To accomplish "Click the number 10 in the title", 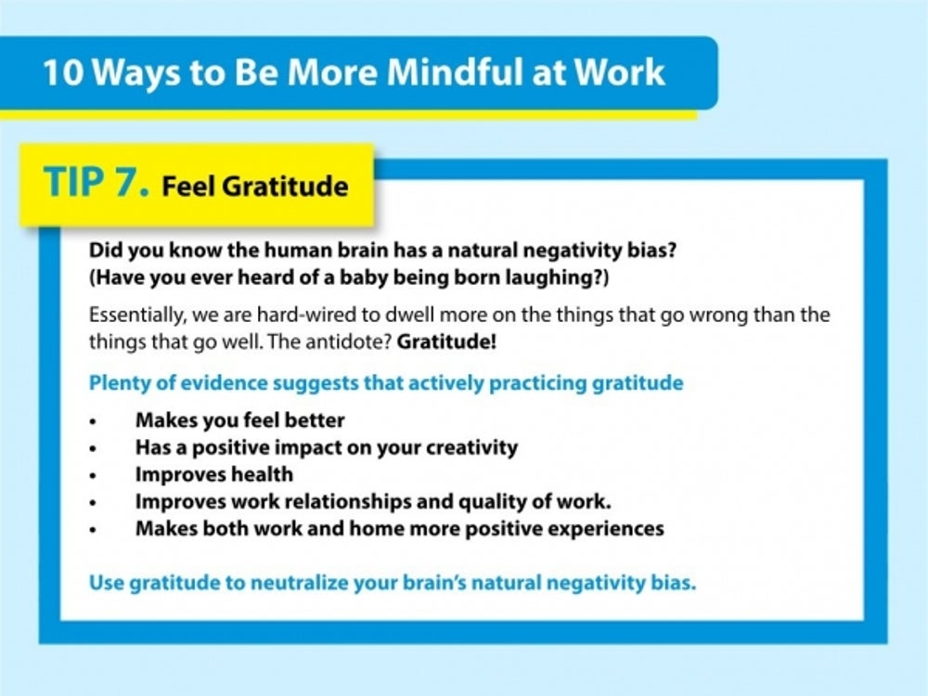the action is (64, 72).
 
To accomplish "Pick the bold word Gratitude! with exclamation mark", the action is (446, 342).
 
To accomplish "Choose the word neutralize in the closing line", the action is (299, 583).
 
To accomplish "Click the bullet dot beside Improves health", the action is (92, 476).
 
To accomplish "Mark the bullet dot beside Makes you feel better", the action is (92, 421).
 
